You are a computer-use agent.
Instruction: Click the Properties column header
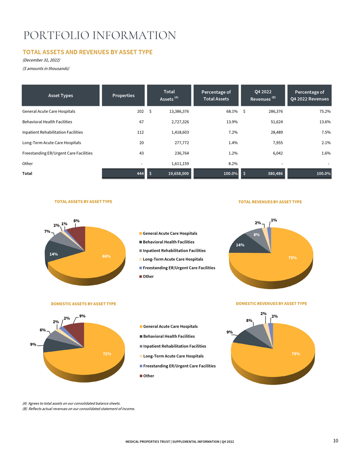pyautogui.click(x=123, y=95)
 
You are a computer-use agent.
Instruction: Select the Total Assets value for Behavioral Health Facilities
pyautogui.click(x=180, y=122)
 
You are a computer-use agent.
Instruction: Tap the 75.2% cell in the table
pyautogui.click(x=326, y=112)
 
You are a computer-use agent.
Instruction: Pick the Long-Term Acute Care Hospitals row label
pyautogui.click(x=52, y=143)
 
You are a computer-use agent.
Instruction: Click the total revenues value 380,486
pyautogui.click(x=275, y=173)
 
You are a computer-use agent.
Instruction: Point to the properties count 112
pyautogui.click(x=140, y=132)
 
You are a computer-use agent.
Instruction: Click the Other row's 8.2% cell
pyautogui.click(x=233, y=164)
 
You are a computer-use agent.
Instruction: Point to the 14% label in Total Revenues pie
pyautogui.click(x=240, y=245)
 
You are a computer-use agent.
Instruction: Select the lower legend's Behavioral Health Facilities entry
pyautogui.click(x=167, y=336)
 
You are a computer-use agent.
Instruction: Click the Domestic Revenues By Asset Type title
pyautogui.click(x=271, y=303)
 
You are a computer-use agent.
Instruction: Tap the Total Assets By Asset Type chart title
pyautogui.click(x=83, y=202)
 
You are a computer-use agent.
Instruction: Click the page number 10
pyautogui.click(x=336, y=441)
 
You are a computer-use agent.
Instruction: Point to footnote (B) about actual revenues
pyautogui.click(x=79, y=409)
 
